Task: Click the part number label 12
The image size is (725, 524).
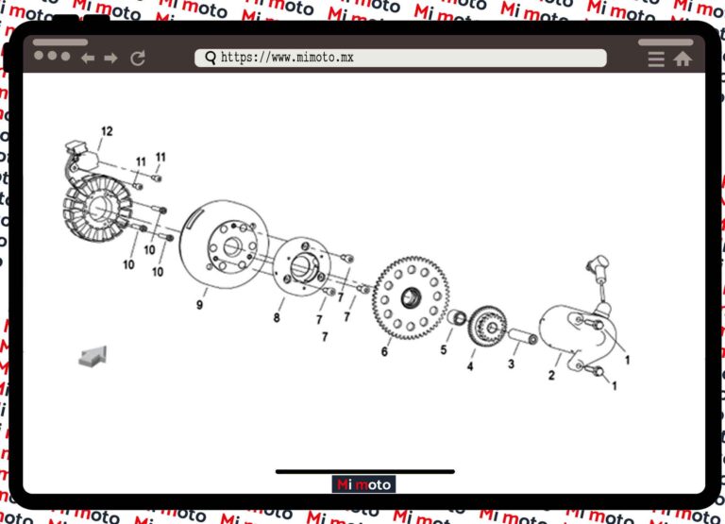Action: coord(107,131)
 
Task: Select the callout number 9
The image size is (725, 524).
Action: coord(199,304)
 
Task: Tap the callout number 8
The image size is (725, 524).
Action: coord(277,317)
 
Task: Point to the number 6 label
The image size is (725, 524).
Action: coord(384,351)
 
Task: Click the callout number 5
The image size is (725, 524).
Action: coord(443,350)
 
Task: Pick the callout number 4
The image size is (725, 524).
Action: coord(470,365)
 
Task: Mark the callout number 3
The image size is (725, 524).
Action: coord(512,363)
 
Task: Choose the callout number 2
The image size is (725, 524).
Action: coord(551,375)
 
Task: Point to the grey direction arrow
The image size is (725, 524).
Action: coord(93,355)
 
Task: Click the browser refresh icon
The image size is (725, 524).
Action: coord(138,59)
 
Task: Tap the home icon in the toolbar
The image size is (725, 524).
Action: coord(683,59)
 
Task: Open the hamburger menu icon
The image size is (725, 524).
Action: coord(656,59)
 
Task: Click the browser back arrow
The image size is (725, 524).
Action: coord(88,59)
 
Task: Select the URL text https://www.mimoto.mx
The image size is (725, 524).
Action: coord(287,59)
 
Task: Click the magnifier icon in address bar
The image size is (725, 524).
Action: coord(210,59)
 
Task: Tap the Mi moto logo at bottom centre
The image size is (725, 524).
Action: coord(364,484)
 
